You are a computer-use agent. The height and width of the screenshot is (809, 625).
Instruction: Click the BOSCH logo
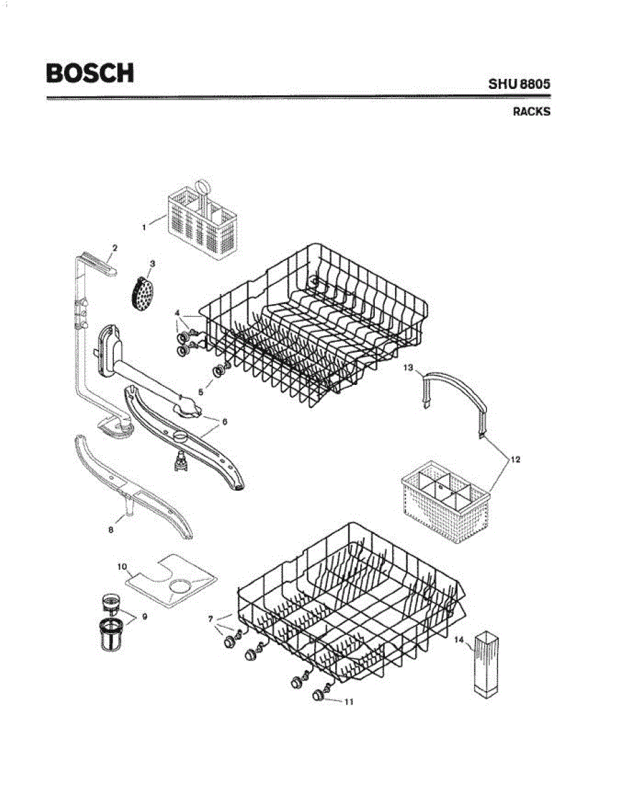90,73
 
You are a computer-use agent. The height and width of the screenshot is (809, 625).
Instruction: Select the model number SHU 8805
519,86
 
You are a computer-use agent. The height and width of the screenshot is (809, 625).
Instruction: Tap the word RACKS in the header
531,112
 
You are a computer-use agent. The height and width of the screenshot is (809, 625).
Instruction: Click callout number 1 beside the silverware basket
144,228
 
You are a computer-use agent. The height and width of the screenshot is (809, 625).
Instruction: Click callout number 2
115,248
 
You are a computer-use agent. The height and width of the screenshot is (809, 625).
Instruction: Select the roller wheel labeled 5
218,371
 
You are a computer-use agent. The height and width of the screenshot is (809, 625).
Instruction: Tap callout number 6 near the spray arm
225,421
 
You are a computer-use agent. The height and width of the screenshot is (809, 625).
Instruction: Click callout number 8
111,530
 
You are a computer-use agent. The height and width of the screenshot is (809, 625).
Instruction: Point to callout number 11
349,702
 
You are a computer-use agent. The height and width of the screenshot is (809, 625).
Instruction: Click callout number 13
409,367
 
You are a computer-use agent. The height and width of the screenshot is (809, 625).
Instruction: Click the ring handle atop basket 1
204,187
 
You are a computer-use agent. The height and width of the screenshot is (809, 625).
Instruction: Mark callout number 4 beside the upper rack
177,313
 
